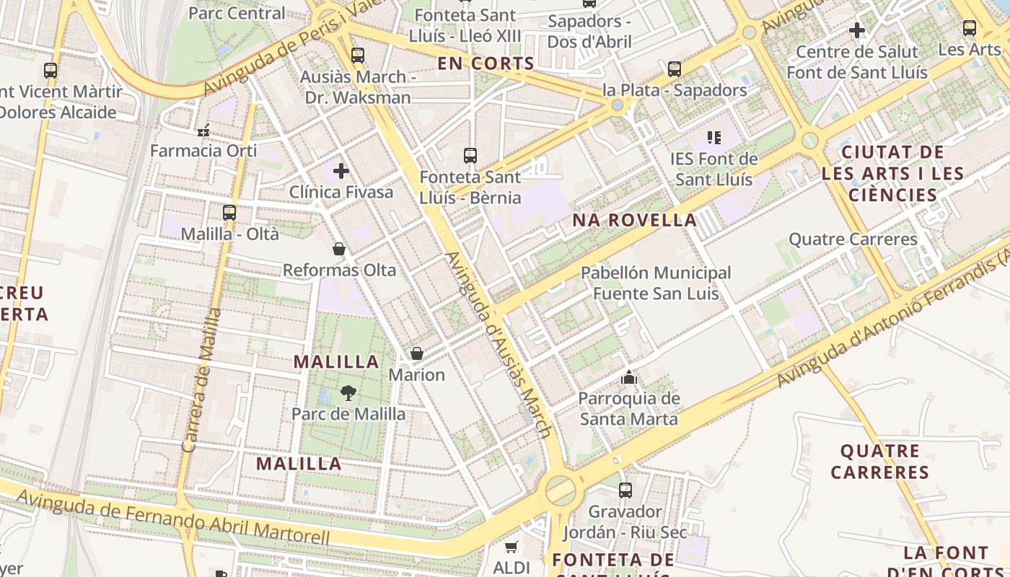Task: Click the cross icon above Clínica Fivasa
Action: (x=341, y=171)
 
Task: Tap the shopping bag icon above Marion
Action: (x=417, y=353)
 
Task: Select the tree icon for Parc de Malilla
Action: (x=348, y=393)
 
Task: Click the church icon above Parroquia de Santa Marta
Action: (x=630, y=377)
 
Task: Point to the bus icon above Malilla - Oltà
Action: (x=229, y=213)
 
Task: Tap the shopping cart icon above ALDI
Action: (x=511, y=547)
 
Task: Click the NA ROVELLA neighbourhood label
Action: (x=635, y=220)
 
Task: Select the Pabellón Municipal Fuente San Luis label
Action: (x=656, y=283)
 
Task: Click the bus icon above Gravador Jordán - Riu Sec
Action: (x=625, y=490)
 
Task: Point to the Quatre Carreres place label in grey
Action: (x=853, y=239)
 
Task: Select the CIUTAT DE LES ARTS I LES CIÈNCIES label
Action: (x=892, y=174)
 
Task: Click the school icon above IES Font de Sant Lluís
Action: (x=714, y=137)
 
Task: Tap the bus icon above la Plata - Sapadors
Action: (x=675, y=69)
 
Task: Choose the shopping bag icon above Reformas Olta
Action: (x=339, y=249)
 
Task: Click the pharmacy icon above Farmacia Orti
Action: (x=203, y=131)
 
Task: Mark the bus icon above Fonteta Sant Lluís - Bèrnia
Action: (x=470, y=155)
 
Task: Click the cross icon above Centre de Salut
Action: (x=857, y=30)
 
